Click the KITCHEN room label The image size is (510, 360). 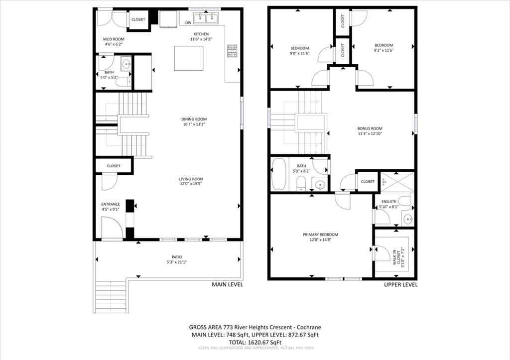click(x=198, y=34)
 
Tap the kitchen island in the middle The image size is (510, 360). click(x=188, y=59)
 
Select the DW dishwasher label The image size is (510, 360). click(x=188, y=23)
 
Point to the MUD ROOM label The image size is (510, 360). click(x=114, y=39)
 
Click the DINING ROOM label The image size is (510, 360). click(x=194, y=119)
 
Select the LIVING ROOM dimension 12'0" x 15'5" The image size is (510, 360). click(x=191, y=184)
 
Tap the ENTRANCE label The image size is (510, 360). click(x=111, y=204)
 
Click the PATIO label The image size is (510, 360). click(x=177, y=257)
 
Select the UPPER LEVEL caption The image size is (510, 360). click(x=400, y=285)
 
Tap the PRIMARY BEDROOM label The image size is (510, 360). click(x=320, y=235)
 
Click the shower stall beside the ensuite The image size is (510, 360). click(x=397, y=181)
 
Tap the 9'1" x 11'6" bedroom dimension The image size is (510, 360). click(x=383, y=50)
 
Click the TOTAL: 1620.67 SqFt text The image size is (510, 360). click(x=255, y=343)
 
